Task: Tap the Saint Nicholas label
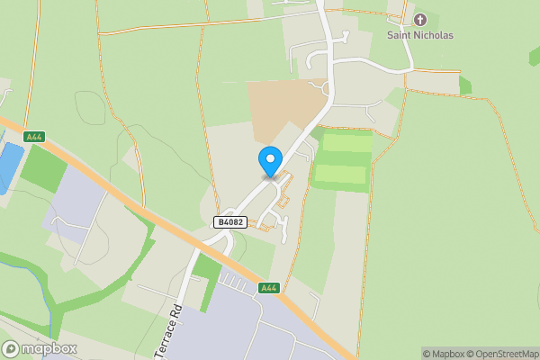click(420, 35)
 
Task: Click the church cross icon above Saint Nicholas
click(420, 20)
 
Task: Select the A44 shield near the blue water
click(34, 137)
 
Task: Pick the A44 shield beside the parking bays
click(268, 288)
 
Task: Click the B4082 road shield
click(230, 221)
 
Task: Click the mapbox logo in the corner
click(40, 348)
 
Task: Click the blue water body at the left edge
click(8, 166)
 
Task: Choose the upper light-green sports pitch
click(346, 142)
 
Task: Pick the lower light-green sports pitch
click(341, 175)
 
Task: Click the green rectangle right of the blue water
click(42, 168)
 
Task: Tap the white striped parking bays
click(233, 283)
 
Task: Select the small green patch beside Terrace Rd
click(207, 268)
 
